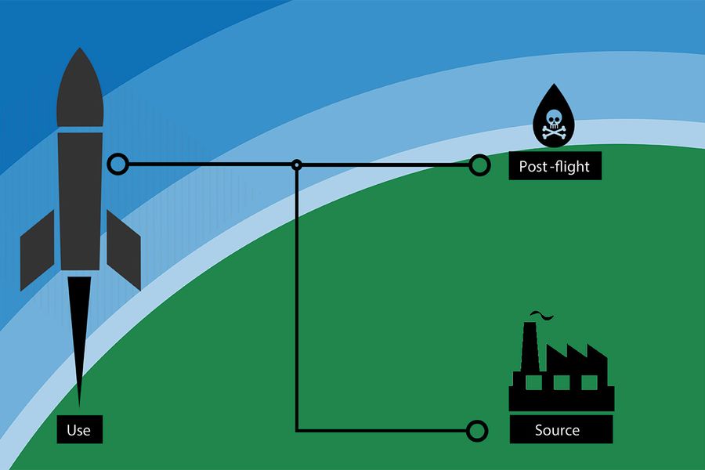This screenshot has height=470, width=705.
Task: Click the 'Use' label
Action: tap(79, 430)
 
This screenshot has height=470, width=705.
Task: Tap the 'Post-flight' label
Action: tap(555, 166)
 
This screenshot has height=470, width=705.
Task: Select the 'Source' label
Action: tap(557, 430)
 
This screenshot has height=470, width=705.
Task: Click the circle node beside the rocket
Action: tap(117, 164)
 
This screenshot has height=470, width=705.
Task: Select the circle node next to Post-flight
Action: tap(479, 164)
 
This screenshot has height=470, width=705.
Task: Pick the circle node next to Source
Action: tap(476, 431)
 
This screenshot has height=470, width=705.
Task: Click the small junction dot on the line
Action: tap(297, 164)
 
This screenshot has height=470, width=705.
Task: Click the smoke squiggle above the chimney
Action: tap(540, 315)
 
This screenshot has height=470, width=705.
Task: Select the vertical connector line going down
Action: tap(297, 298)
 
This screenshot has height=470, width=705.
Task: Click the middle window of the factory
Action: tap(561, 382)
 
